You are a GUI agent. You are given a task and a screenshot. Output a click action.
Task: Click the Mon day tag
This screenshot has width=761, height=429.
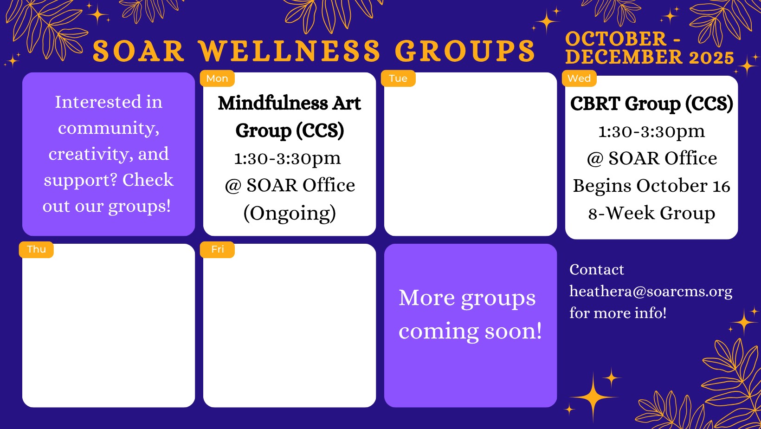point(217,78)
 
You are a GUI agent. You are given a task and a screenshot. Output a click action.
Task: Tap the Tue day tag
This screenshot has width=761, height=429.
point(398,78)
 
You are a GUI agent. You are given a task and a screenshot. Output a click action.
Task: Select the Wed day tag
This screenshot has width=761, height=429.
point(579,78)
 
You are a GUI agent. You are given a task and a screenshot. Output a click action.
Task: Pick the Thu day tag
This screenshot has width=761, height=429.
point(36,249)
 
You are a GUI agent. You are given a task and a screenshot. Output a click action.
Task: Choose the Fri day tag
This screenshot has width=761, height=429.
point(217,249)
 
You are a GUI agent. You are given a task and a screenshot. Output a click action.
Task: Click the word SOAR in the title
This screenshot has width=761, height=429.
point(138,52)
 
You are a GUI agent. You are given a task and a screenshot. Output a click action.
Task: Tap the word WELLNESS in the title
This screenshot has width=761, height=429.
point(290,52)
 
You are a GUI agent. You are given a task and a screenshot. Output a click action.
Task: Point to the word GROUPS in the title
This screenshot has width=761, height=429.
point(465,52)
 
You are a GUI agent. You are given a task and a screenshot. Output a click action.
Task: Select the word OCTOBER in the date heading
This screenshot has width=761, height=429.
point(616,39)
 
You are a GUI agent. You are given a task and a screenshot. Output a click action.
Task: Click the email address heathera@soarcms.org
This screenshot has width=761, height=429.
point(651,291)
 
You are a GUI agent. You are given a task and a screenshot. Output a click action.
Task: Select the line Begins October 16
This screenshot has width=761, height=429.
point(651,186)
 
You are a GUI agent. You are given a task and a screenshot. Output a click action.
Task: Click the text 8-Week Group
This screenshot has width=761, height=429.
point(651,213)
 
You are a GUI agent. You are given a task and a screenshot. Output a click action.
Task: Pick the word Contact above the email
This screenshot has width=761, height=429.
point(597,270)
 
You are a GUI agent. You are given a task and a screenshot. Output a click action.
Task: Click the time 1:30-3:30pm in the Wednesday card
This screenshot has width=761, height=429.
point(651,132)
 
